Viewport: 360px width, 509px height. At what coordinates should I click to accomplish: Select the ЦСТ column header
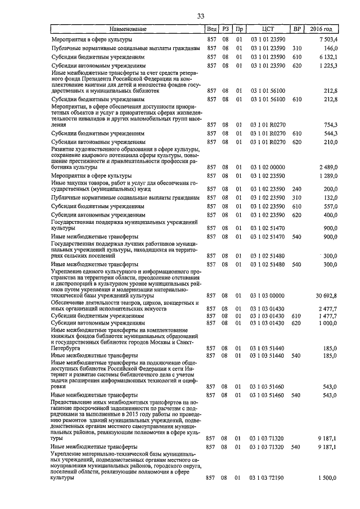pyautogui.click(x=268, y=29)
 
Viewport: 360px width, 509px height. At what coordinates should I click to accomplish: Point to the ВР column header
pyautogui.click(x=296, y=29)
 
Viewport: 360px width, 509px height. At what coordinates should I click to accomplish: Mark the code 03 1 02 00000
pyautogui.click(x=268, y=167)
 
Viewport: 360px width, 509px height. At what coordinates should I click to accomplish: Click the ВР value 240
pyautogui.click(x=297, y=189)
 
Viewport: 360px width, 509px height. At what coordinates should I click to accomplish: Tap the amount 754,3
pyautogui.click(x=329, y=124)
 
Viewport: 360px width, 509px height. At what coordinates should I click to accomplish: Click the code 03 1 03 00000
pyautogui.click(x=268, y=295)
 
